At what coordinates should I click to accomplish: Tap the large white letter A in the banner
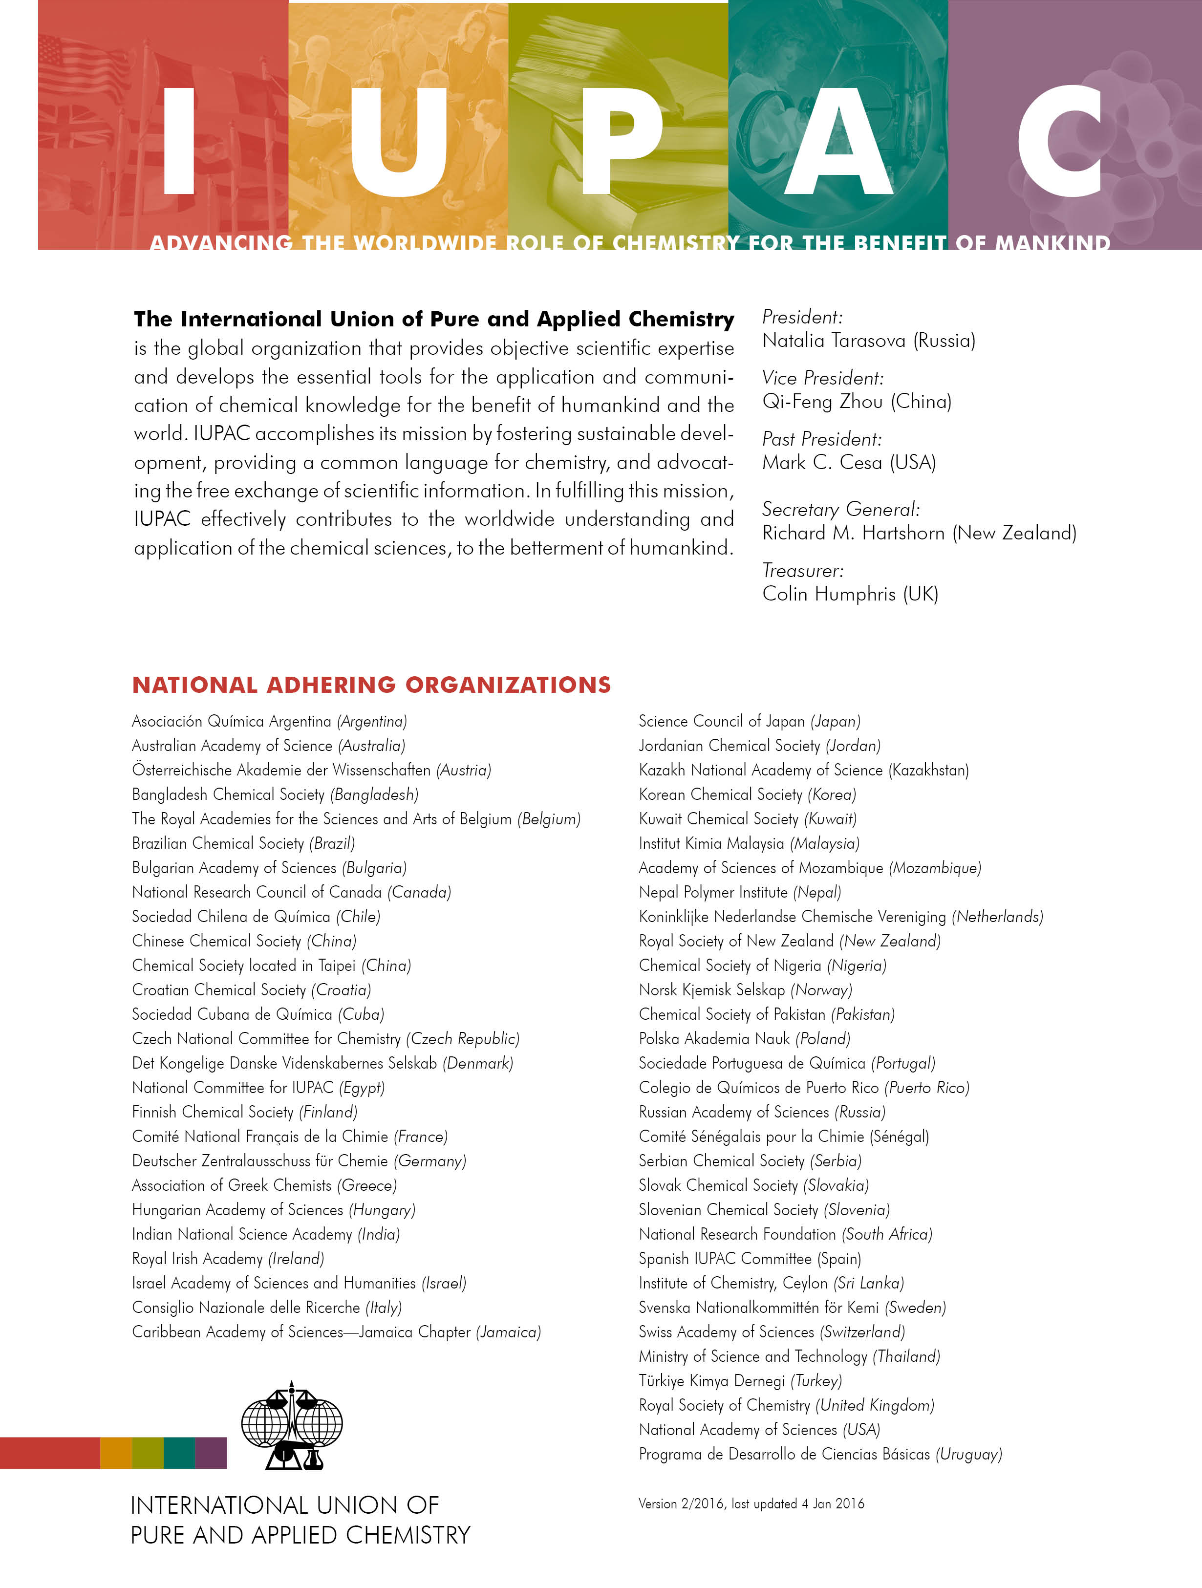point(838,144)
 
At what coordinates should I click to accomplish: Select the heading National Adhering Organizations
point(371,685)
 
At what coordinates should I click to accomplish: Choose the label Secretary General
point(840,509)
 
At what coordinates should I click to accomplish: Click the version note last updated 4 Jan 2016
point(751,1503)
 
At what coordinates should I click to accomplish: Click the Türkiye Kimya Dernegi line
point(740,1380)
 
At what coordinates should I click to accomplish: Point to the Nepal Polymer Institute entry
point(740,892)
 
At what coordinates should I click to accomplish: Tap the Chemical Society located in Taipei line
point(271,965)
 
